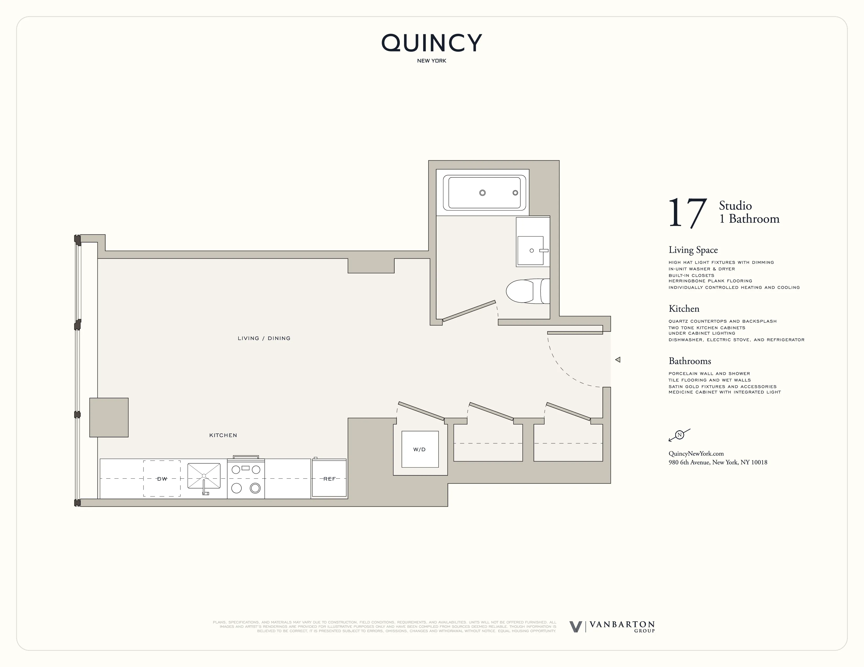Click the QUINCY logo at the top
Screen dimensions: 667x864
[431, 43]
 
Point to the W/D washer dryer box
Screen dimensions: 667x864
[420, 449]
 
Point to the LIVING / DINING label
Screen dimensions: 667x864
[264, 338]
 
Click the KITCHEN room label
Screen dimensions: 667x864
[223, 435]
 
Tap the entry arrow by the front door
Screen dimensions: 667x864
[618, 360]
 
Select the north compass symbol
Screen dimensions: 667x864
[679, 435]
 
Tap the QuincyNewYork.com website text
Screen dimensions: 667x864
[696, 454]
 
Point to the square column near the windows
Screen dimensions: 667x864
[109, 417]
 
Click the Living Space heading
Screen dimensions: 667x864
[693, 250]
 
